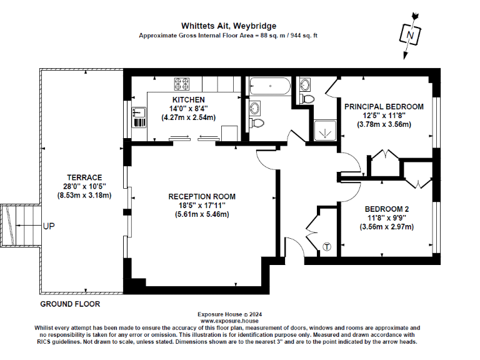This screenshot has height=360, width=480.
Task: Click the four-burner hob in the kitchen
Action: [x=182, y=84]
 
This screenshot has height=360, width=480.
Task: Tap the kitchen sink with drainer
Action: [x=139, y=117]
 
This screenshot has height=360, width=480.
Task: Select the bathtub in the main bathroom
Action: [x=269, y=86]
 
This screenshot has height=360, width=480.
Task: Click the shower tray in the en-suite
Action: [x=324, y=129]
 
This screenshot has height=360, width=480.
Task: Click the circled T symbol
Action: [x=327, y=247]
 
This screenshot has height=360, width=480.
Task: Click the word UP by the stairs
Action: [x=49, y=226]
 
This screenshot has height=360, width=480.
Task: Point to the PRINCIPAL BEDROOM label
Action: [x=384, y=107]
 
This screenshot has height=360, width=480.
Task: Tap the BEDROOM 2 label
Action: [x=386, y=208]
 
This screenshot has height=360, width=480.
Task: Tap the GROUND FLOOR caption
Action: [x=70, y=304]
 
